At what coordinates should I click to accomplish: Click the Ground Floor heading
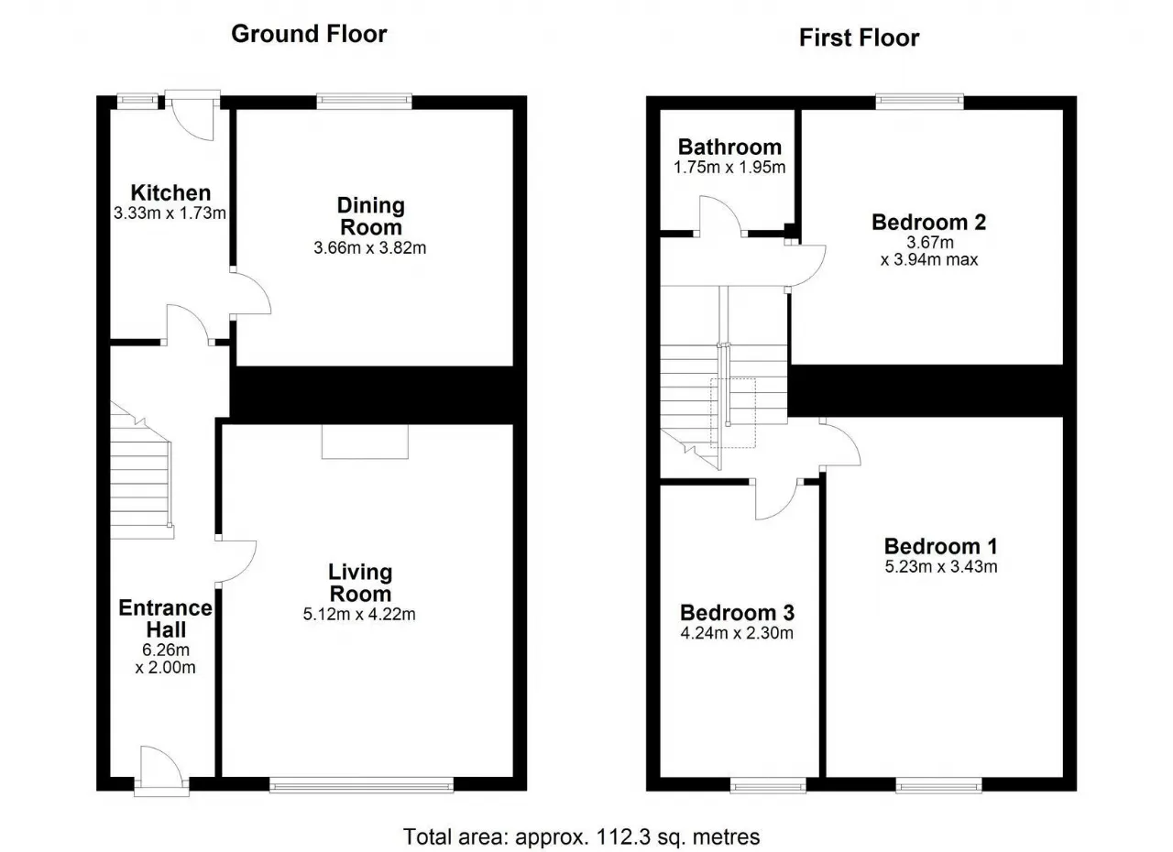click(x=309, y=34)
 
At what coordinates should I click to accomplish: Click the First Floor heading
click(x=859, y=38)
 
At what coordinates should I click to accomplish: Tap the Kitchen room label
click(x=170, y=192)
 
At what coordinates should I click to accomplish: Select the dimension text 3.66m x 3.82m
click(x=369, y=247)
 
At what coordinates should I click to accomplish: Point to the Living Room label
click(x=360, y=583)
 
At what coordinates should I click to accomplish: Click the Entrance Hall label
click(x=166, y=618)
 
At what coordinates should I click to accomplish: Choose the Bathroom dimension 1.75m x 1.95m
click(x=729, y=168)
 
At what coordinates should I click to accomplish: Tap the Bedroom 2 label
click(x=929, y=223)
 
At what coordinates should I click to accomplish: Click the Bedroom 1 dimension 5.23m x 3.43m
click(x=941, y=567)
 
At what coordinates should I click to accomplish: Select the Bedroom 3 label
click(x=737, y=612)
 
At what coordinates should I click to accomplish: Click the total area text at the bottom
click(x=581, y=836)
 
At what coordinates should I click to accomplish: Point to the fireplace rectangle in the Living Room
click(x=365, y=442)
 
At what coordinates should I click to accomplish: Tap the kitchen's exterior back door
click(x=192, y=118)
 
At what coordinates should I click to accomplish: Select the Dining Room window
click(x=364, y=102)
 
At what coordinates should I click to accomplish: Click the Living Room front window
click(x=361, y=784)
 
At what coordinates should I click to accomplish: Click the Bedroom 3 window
click(x=768, y=785)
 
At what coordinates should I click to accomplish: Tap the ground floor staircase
click(x=141, y=470)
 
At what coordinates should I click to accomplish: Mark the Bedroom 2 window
click(x=920, y=102)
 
